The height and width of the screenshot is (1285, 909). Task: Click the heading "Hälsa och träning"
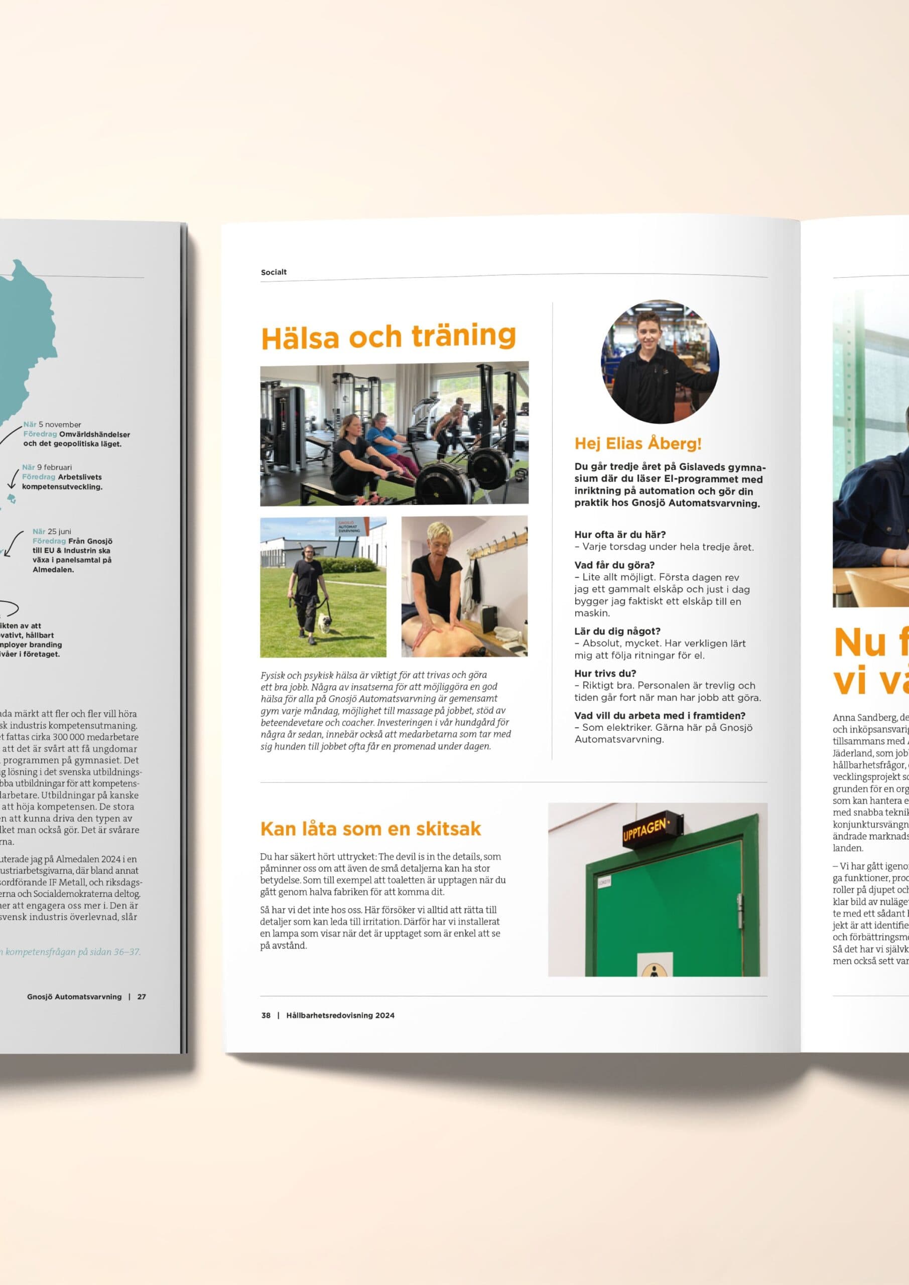tap(388, 336)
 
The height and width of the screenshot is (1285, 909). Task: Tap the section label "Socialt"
tap(273, 272)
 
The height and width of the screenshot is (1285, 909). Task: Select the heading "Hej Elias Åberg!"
tap(637, 444)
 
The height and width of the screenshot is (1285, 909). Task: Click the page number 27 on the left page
tap(142, 997)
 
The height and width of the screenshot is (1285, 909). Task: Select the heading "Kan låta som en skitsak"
tap(370, 829)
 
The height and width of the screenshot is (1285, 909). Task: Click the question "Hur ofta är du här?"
tap(619, 535)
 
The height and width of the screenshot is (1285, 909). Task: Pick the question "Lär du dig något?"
tap(617, 631)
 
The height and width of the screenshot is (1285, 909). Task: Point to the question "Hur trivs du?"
tap(605, 673)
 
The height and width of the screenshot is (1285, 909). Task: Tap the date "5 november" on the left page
tap(59, 425)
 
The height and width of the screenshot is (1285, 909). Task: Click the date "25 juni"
tap(59, 532)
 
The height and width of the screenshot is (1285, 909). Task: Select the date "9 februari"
tap(54, 467)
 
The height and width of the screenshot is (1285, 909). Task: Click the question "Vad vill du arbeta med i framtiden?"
tap(660, 716)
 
